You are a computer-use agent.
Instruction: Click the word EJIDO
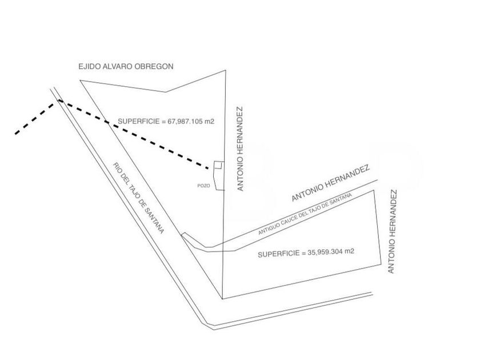(89, 66)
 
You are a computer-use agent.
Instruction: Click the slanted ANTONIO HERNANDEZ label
(331, 183)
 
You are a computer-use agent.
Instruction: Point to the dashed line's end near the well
(206, 167)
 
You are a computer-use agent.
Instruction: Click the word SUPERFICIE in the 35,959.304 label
(277, 253)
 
